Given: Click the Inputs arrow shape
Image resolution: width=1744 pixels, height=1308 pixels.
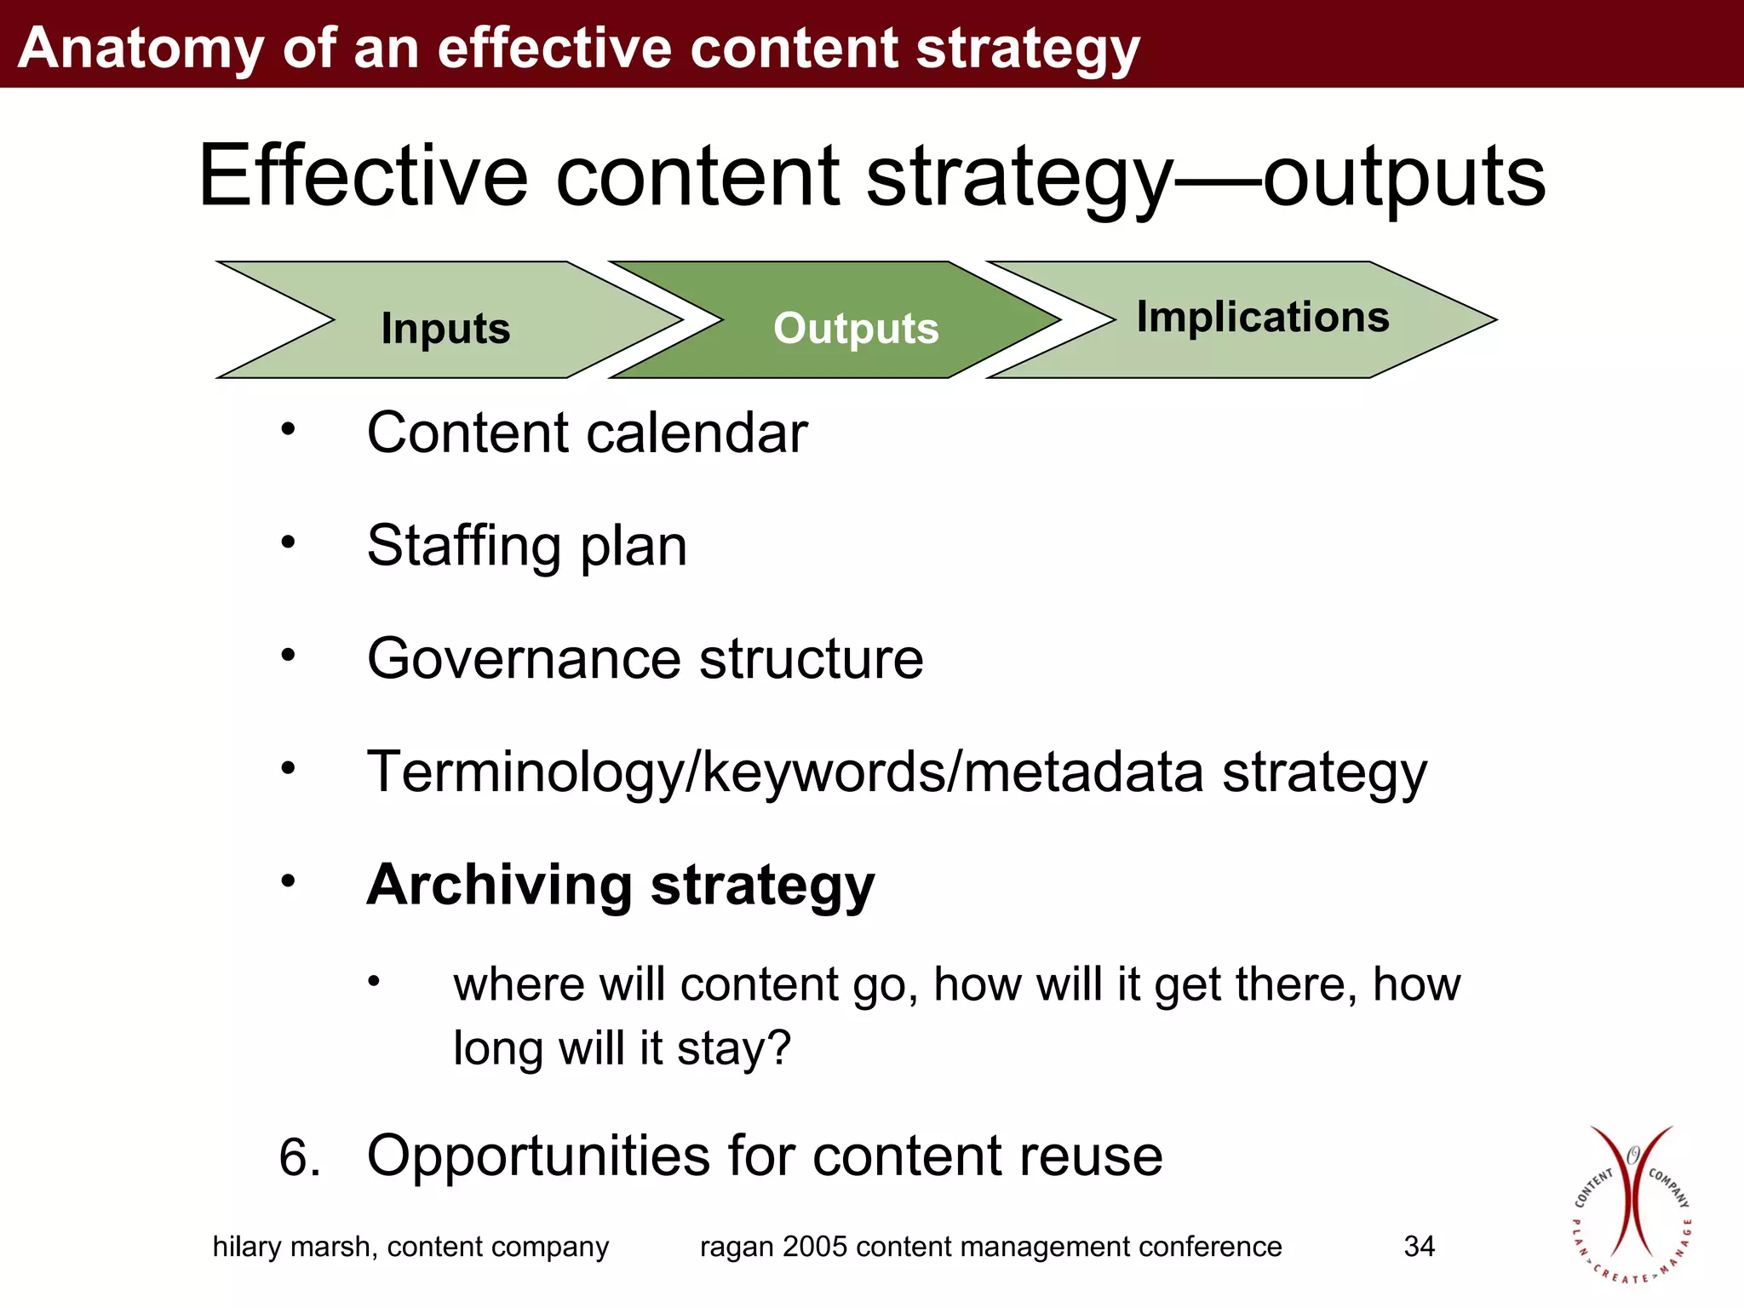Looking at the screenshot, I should [x=445, y=327].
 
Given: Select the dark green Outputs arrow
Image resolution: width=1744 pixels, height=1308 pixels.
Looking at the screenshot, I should [x=855, y=327].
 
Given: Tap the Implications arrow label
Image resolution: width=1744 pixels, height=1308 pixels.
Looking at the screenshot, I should [x=1262, y=317].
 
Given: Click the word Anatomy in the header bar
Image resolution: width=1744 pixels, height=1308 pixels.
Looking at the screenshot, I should [x=141, y=48].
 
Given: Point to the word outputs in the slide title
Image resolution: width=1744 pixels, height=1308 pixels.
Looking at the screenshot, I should [x=1403, y=177].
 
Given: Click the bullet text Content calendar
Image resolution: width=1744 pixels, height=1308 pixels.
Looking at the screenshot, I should [x=587, y=433].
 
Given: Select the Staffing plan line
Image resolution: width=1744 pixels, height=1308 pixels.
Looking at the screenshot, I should [x=526, y=545].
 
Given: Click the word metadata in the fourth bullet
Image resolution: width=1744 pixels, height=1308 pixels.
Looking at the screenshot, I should [x=1083, y=772].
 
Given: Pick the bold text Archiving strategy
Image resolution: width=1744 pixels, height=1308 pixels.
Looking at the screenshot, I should [x=620, y=886].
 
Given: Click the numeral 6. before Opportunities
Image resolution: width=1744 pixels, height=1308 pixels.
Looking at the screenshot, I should [x=300, y=1158].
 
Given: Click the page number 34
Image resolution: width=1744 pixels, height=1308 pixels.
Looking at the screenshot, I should [x=1419, y=1247].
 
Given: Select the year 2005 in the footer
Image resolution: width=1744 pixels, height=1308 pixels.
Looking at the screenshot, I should [x=815, y=1247].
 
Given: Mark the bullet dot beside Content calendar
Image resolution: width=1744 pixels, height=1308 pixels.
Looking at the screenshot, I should [x=289, y=428].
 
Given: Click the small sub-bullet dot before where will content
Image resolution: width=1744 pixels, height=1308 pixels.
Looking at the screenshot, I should [x=373, y=982].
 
